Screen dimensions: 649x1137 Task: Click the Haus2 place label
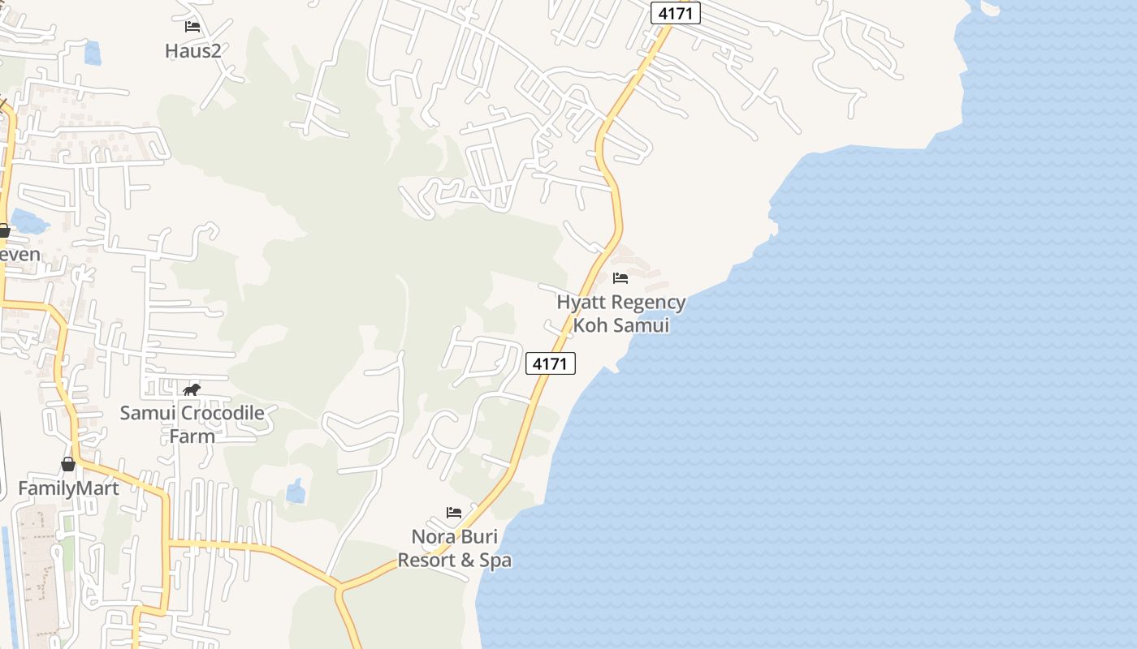pyautogui.click(x=193, y=51)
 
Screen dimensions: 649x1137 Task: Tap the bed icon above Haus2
pyautogui.click(x=192, y=27)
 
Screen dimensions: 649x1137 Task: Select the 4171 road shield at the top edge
pyautogui.click(x=675, y=13)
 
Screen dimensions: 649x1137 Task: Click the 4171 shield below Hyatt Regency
pyautogui.click(x=551, y=363)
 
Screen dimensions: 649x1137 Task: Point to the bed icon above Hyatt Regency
pyautogui.click(x=620, y=278)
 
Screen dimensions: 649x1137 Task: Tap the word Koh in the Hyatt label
pyautogui.click(x=590, y=326)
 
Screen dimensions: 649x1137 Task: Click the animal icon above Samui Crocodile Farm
pyautogui.click(x=192, y=390)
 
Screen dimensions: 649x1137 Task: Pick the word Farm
pyautogui.click(x=192, y=436)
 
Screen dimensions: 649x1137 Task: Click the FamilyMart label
pyautogui.click(x=68, y=488)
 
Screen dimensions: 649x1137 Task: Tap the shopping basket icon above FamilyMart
pyautogui.click(x=68, y=464)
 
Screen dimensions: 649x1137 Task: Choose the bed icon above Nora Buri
pyautogui.click(x=454, y=513)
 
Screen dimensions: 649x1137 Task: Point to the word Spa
pyautogui.click(x=495, y=561)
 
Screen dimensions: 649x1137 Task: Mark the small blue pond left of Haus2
pyautogui.click(x=93, y=54)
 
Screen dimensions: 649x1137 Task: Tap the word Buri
pyautogui.click(x=479, y=537)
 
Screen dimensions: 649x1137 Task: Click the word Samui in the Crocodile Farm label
pyautogui.click(x=149, y=414)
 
